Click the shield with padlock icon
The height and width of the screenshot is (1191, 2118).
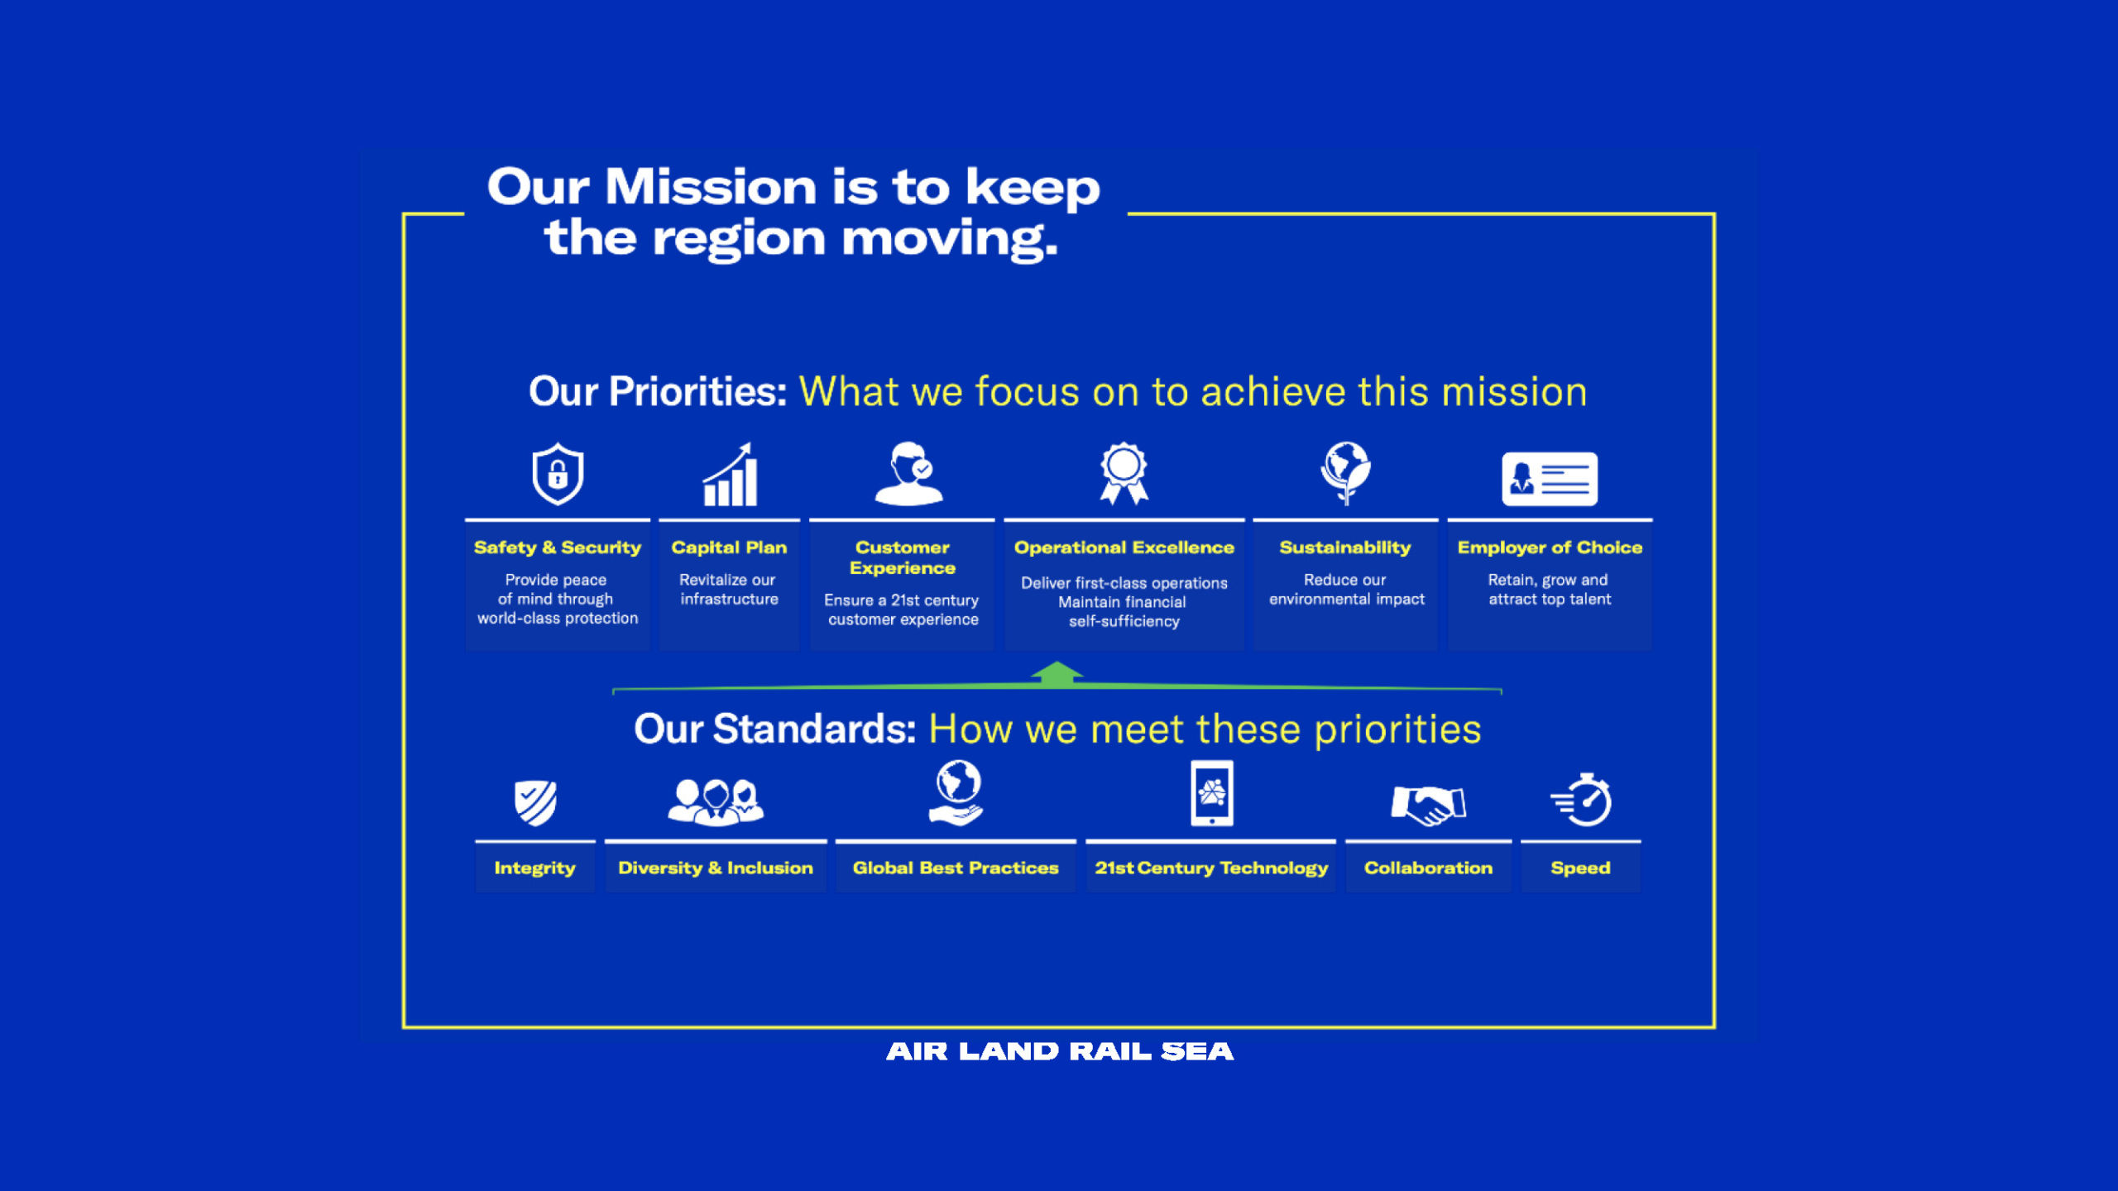tap(558, 474)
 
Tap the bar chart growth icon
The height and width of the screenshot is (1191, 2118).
tap(730, 475)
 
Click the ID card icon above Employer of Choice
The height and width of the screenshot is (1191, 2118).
tap(1550, 479)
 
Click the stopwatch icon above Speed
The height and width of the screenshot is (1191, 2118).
tap(1581, 800)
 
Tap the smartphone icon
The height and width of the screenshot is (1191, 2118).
tap(1212, 793)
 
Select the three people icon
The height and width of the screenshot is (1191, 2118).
tap(716, 801)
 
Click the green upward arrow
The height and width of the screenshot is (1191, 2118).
tap(1057, 674)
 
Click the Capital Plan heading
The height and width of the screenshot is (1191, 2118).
tap(729, 548)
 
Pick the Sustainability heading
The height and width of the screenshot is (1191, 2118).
tap(1345, 548)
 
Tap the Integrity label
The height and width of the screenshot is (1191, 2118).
tap(534, 868)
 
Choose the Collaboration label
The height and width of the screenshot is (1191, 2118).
tap(1428, 868)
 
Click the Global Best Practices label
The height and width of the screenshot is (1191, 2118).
tap(956, 868)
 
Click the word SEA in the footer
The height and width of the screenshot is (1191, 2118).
tap(1197, 1051)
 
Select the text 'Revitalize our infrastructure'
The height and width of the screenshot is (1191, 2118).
tap(729, 590)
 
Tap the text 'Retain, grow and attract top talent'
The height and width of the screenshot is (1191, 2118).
tap(1550, 590)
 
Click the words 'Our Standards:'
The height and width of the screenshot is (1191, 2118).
tap(775, 729)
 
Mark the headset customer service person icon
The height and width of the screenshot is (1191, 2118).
tap(908, 473)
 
